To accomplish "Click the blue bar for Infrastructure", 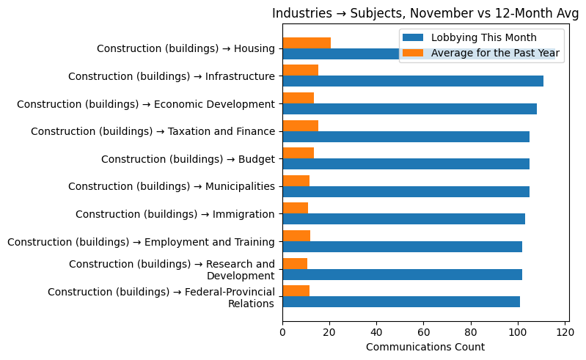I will (413, 81).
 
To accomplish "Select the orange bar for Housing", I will (307, 43).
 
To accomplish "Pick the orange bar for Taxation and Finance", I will (301, 126).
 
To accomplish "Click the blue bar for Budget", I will (406, 164).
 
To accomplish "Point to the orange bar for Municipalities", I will (296, 181).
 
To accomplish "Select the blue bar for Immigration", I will (403, 219).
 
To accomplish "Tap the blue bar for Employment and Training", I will (402, 247).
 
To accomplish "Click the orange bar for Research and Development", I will (295, 263).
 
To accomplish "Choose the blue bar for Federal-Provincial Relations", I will (401, 302).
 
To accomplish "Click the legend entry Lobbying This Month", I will (483, 38).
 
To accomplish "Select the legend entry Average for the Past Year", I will (495, 53).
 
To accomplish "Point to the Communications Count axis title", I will (425, 347).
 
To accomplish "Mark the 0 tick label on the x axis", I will (282, 332).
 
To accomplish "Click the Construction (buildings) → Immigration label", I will (175, 214).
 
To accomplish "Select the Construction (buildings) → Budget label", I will (188, 159).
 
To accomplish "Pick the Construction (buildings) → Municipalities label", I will (171, 186).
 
